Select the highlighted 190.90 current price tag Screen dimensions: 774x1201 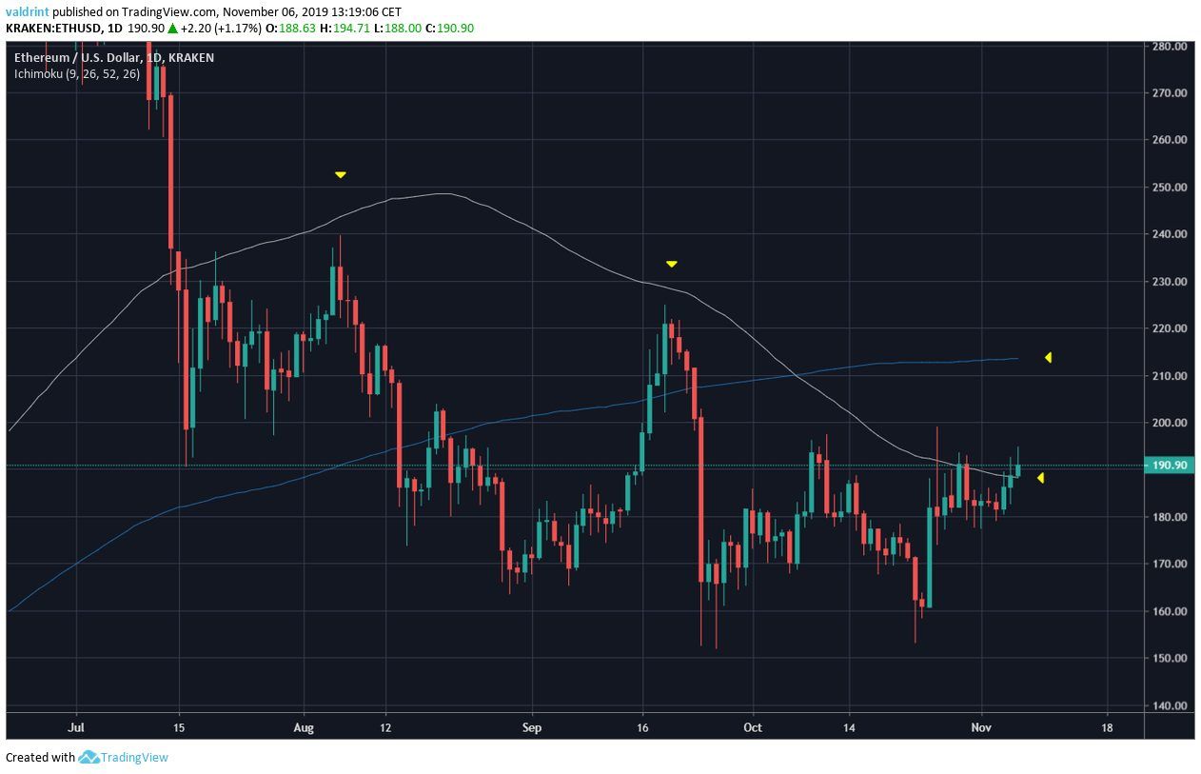pos(1169,466)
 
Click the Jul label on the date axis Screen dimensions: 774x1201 pos(77,727)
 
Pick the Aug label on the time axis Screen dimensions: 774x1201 pos(304,727)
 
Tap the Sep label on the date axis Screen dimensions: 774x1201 pos(531,727)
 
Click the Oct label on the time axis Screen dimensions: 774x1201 pos(753,727)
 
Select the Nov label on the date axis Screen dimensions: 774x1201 pos(982,727)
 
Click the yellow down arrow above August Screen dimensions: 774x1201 pos(340,175)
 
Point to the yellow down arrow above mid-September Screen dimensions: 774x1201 pos(671,264)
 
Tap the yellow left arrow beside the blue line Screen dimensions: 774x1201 pos(1048,358)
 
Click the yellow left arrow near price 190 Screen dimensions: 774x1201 pos(1040,478)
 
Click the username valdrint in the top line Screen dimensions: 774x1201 pos(27,11)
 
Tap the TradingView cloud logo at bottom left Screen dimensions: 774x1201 pos(89,758)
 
